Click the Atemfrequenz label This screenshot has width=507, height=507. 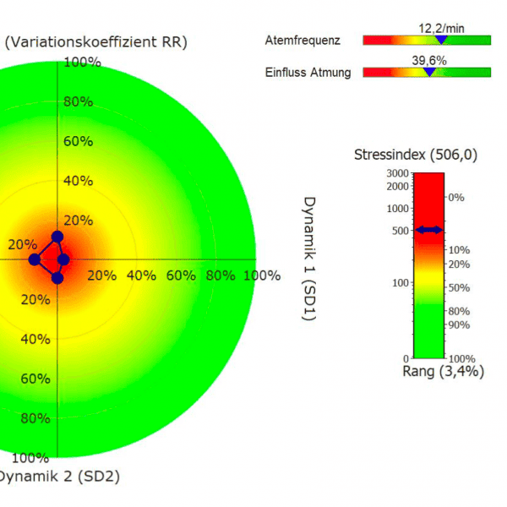(303, 40)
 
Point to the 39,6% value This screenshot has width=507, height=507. (429, 60)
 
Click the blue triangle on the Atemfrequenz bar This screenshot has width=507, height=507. (439, 39)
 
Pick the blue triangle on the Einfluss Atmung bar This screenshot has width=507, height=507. (429, 72)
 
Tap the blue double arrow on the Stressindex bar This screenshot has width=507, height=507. (429, 229)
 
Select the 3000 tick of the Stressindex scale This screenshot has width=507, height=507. (397, 173)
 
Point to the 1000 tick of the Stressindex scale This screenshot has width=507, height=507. (397, 208)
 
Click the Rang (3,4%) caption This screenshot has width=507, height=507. (433, 370)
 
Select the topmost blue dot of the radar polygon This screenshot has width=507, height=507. (57, 237)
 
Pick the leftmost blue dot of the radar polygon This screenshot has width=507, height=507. (34, 259)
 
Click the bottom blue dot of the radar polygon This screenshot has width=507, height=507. (57, 277)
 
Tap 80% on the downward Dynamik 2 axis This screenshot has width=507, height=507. (34, 418)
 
